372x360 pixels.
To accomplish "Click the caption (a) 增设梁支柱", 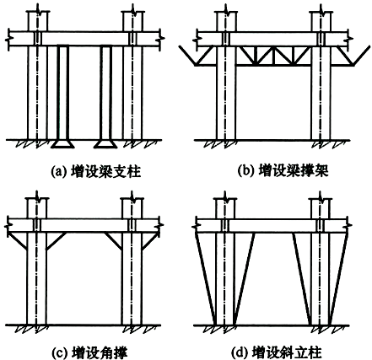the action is point(95,171).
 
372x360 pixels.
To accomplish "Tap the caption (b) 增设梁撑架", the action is point(283,170).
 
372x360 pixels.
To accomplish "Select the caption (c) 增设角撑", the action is point(90,352).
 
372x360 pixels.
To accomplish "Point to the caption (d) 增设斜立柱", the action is point(276,352).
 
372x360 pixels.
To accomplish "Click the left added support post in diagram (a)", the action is point(63,92).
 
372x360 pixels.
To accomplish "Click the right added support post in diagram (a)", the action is point(106,92).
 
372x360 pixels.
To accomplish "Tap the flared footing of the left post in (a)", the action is point(62,144).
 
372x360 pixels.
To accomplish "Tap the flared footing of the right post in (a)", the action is point(105,144).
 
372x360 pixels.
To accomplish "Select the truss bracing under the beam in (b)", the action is point(273,56).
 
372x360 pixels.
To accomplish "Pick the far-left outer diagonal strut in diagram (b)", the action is point(197,56).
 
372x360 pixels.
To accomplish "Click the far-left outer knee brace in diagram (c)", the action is point(17,240).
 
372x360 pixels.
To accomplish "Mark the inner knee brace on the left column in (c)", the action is point(57,241).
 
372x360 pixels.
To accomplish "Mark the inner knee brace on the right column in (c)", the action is point(113,241).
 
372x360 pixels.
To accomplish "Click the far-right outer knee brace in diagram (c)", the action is point(149,241).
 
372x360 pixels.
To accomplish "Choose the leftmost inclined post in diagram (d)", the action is point(205,278).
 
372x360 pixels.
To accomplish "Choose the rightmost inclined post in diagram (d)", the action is point(338,278).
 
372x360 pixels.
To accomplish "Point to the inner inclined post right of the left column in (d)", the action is point(245,278).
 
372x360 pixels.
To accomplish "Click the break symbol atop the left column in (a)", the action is point(38,12).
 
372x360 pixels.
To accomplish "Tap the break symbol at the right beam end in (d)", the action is point(349,225).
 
